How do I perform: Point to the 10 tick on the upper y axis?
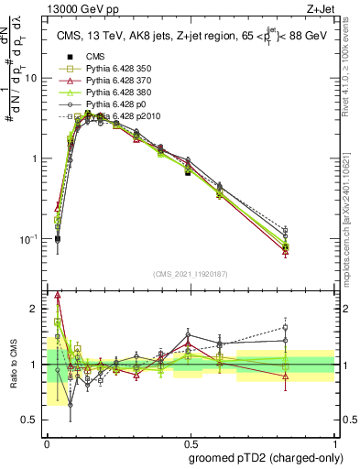point(32,78)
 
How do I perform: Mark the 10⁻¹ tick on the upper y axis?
point(30,239)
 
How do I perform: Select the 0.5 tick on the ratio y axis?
point(33,420)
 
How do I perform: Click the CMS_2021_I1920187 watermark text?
point(191,272)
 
